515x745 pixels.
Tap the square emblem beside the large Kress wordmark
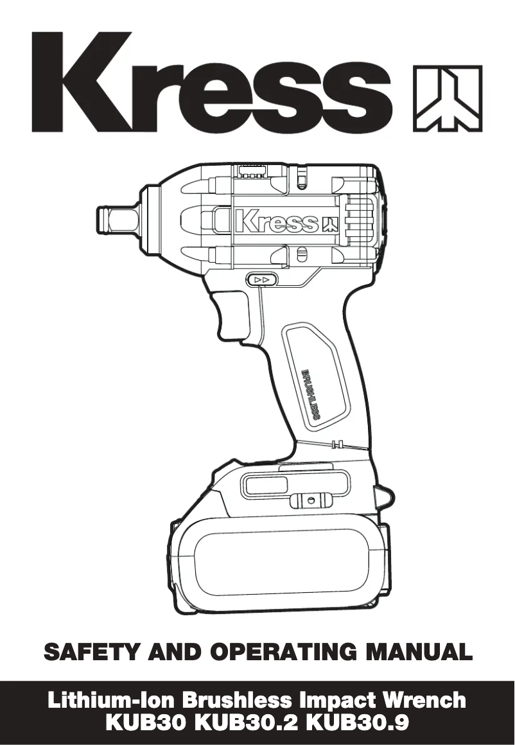click(x=446, y=98)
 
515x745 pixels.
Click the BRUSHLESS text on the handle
click(x=311, y=393)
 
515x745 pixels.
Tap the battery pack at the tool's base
click(x=283, y=565)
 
